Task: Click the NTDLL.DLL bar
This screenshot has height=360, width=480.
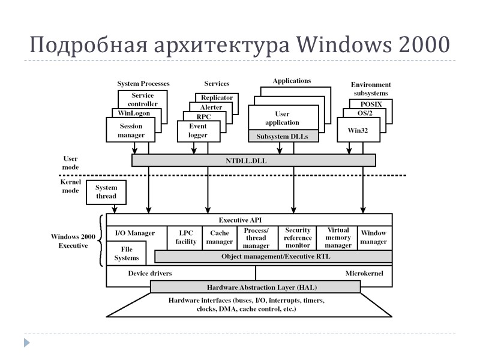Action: tap(253, 160)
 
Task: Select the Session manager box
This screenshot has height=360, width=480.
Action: tap(131, 131)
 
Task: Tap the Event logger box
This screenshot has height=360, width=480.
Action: tap(197, 131)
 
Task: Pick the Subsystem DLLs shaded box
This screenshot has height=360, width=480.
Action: tap(283, 137)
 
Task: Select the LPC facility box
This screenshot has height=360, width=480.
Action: tap(186, 238)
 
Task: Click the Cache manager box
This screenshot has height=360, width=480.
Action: tap(220, 238)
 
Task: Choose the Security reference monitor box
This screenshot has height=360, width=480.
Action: tap(298, 238)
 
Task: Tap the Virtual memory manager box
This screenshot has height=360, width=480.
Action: tap(338, 238)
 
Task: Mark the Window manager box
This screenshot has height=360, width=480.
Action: tap(374, 238)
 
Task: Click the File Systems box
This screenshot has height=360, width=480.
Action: tap(127, 253)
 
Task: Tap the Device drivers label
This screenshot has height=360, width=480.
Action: tap(150, 274)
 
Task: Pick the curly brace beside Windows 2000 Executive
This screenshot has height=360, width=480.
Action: tap(100, 241)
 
